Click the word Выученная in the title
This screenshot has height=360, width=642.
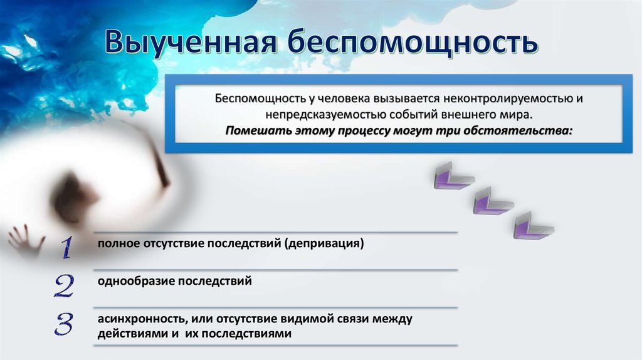(191, 42)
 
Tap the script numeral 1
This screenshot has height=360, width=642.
(66, 247)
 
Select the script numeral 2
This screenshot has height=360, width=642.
(65, 285)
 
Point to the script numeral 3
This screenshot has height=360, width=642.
(64, 324)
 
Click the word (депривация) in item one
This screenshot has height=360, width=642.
(324, 244)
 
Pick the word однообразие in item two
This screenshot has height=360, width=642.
(137, 282)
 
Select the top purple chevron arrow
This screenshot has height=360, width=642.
(453, 177)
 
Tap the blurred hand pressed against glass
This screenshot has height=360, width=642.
(25, 240)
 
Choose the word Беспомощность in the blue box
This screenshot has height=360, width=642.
(260, 98)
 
